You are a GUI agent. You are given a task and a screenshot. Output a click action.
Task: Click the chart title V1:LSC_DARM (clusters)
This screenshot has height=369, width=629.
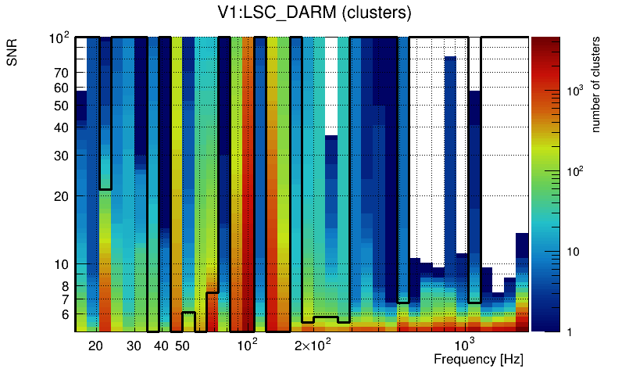(313, 13)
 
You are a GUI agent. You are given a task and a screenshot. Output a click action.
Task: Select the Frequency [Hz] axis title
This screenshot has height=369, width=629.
(478, 359)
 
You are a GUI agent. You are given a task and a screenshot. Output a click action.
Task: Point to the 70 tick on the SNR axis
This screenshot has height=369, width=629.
(61, 73)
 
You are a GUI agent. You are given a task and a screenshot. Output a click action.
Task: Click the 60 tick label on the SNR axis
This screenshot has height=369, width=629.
(61, 88)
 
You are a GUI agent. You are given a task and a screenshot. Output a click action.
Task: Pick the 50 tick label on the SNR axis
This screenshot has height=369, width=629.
(61, 106)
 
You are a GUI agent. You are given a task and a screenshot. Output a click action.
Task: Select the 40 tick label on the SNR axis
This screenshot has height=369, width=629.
(61, 127)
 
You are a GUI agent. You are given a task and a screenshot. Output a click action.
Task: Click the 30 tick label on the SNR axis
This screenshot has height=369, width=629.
(61, 156)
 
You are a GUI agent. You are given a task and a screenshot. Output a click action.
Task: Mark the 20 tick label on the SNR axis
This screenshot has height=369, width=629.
(61, 196)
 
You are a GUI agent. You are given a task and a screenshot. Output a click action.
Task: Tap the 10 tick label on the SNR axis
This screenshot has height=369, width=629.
(61, 264)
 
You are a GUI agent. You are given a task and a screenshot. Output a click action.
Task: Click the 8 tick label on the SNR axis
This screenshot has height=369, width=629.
(64, 286)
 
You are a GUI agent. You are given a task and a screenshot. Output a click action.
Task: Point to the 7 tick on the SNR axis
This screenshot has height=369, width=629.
(64, 299)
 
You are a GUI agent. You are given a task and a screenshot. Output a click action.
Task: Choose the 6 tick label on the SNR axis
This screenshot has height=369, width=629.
(64, 314)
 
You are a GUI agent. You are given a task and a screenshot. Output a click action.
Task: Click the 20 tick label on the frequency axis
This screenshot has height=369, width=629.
(95, 346)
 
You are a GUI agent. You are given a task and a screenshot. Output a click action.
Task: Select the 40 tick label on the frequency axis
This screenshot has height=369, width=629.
(161, 346)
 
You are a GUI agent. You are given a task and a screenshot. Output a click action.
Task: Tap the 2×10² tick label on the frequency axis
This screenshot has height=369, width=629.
(313, 345)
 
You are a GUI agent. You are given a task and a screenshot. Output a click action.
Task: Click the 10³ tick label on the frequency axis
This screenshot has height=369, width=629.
(466, 345)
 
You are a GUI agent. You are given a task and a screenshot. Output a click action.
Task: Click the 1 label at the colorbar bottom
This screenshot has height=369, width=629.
(570, 331)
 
